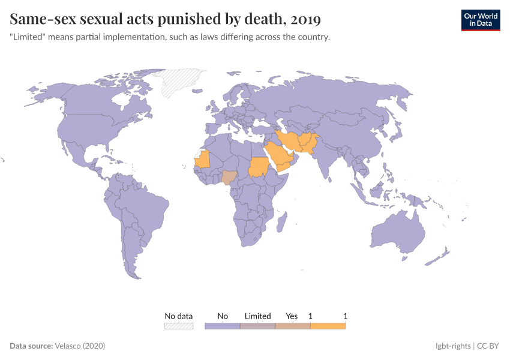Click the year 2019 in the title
pyautogui.click(x=305, y=20)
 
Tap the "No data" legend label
pyautogui.click(x=179, y=316)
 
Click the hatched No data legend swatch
pyautogui.click(x=179, y=326)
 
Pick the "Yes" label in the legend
pyautogui.click(x=292, y=316)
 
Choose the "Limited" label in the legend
pyautogui.click(x=257, y=316)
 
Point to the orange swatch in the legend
pyautogui.click(x=328, y=326)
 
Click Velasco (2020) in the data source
pyautogui.click(x=80, y=346)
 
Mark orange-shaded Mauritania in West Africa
pyautogui.click(x=203, y=159)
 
